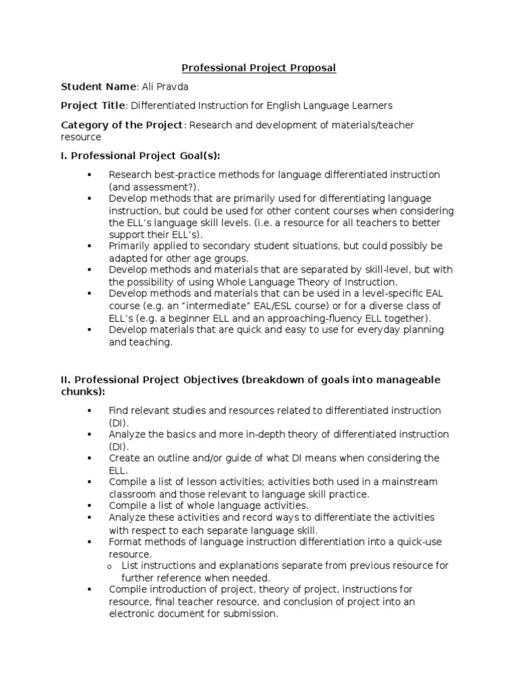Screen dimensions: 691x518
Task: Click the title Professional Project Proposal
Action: coord(259,67)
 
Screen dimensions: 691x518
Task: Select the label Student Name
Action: coord(98,86)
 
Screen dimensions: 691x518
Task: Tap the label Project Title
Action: coord(92,105)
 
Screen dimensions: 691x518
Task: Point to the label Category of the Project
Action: coord(121,125)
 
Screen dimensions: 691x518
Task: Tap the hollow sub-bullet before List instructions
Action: coord(109,566)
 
